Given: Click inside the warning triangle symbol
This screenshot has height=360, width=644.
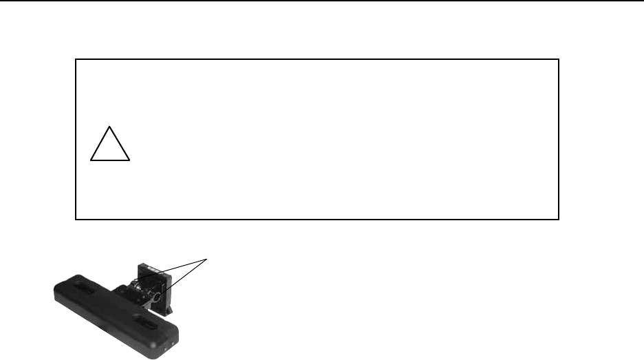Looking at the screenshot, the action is click(x=110, y=148).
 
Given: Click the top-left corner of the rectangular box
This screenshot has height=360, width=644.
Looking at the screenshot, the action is click(x=75, y=60).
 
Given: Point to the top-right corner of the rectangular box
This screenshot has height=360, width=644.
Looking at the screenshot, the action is click(x=559, y=60).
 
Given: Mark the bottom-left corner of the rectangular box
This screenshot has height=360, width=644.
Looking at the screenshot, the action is click(x=75, y=220).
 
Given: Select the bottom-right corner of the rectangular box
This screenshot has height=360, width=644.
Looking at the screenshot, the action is click(x=559, y=220).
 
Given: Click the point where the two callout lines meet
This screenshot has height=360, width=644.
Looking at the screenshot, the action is click(x=208, y=259).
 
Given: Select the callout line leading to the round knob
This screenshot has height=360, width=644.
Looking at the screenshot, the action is click(x=172, y=270).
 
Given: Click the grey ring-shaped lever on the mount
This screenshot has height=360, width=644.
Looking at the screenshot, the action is click(x=156, y=297).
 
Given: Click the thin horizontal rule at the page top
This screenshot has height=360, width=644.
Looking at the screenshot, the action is click(x=322, y=1).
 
